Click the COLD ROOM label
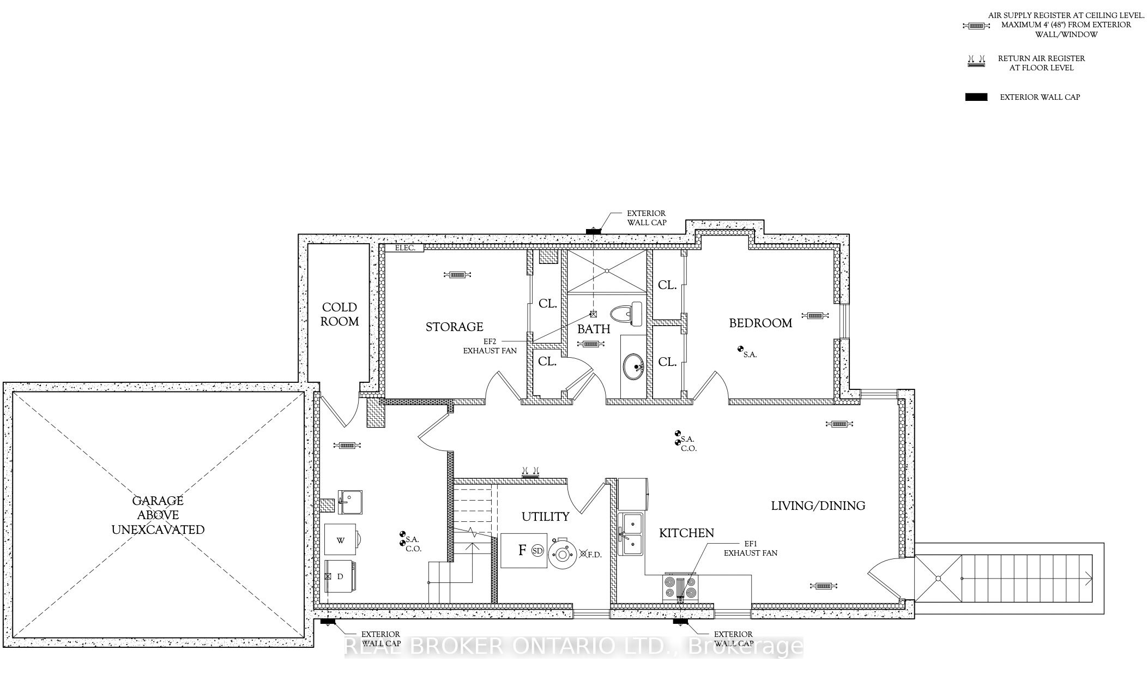coord(339,315)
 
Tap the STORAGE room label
coord(454,327)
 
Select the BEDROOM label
coord(760,323)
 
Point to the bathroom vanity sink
coord(633,365)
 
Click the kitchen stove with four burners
coord(680,588)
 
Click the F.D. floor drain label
coord(595,555)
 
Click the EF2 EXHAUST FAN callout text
coord(490,346)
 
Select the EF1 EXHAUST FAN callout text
coord(750,548)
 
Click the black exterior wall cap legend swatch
coord(976,97)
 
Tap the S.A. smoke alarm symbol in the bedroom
coord(740,349)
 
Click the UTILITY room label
coord(545,516)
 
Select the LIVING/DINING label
coord(818,506)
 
